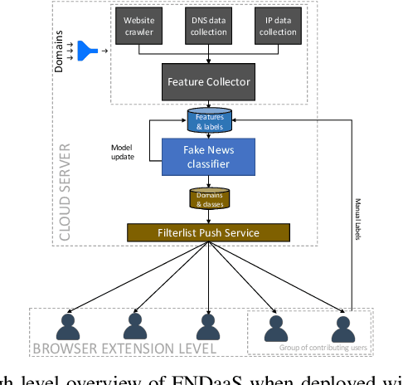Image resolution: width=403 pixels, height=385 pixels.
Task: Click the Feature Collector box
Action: point(207,82)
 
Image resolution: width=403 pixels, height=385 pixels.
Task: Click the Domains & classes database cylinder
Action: point(210,199)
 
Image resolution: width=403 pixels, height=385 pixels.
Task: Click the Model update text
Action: point(122,153)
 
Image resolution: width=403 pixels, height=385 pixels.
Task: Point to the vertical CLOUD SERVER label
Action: point(63,191)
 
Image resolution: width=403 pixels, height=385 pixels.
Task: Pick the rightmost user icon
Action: point(342,325)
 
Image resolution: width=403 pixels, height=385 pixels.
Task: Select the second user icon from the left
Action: point(135,325)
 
